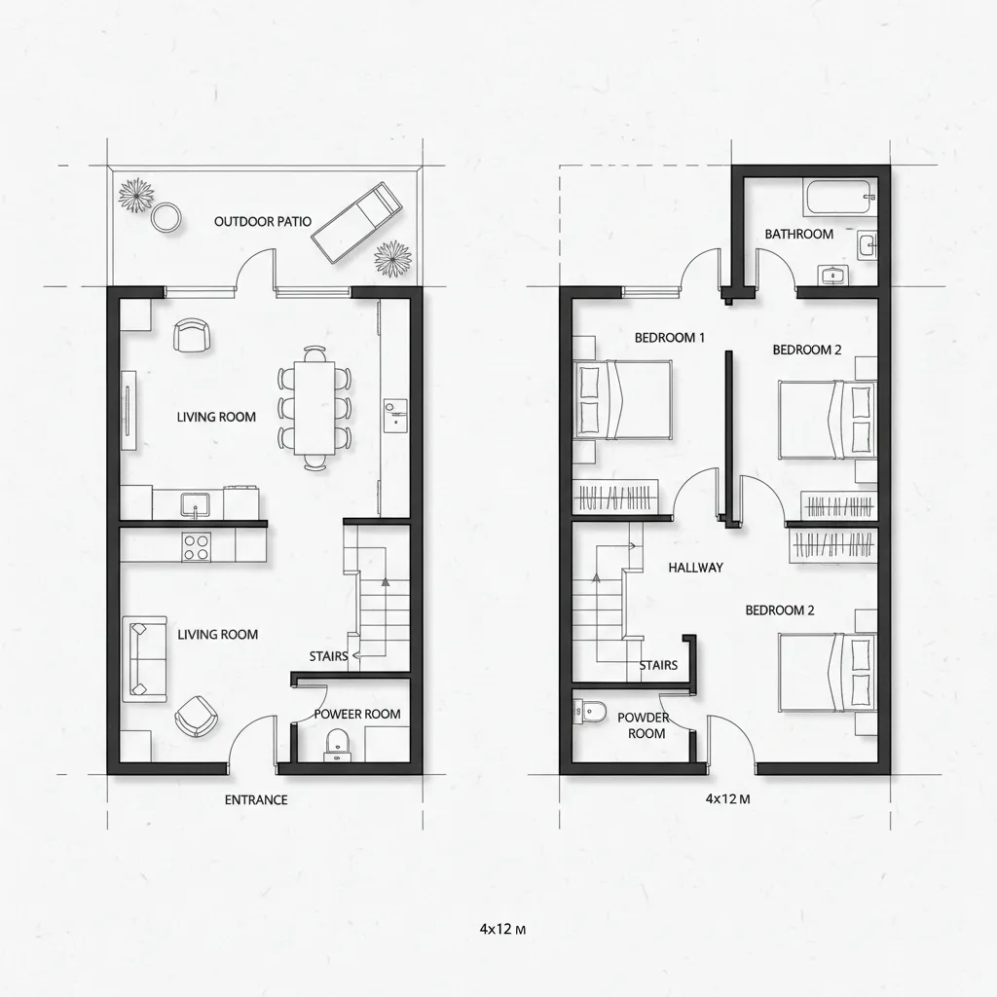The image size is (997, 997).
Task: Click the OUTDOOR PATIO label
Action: [263, 221]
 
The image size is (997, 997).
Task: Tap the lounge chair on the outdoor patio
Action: [356, 223]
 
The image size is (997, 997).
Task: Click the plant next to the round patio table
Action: [136, 193]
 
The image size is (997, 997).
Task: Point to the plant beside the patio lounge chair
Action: [392, 258]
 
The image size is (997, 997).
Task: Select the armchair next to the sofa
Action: [195, 717]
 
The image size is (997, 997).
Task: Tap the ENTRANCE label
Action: [256, 799]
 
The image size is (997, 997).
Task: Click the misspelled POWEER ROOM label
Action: [357, 714]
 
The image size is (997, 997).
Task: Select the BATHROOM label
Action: [798, 234]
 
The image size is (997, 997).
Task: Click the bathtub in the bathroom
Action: [839, 198]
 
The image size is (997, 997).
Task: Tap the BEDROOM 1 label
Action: [670, 338]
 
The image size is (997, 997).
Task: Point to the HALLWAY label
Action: [696, 567]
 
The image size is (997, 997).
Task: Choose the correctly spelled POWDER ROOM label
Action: [644, 725]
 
